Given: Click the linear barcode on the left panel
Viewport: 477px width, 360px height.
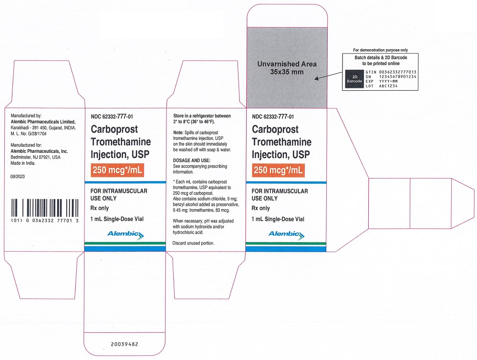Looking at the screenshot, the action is (x=45, y=208).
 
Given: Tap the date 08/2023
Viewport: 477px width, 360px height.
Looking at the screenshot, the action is (x=18, y=176).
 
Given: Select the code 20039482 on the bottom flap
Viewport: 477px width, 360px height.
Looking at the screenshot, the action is (x=124, y=344).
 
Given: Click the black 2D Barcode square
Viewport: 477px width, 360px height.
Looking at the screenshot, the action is (x=354, y=79).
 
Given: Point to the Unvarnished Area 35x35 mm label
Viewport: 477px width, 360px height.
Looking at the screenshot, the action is (x=287, y=68).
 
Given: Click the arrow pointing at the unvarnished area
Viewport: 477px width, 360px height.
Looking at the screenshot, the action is (x=328, y=76).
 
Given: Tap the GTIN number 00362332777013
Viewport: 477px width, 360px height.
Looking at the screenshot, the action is (x=398, y=72).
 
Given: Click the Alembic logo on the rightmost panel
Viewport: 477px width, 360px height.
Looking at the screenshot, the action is (x=286, y=234).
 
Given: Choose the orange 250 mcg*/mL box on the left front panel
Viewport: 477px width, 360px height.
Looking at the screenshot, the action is (x=117, y=170).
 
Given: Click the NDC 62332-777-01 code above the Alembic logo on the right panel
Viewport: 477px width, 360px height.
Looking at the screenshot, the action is (x=273, y=116).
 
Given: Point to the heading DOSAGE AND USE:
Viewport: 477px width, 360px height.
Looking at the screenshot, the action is (x=192, y=160).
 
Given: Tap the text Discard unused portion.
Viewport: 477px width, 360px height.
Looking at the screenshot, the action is (x=193, y=243).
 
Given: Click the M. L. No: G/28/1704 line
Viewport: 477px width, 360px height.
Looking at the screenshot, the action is (x=29, y=133).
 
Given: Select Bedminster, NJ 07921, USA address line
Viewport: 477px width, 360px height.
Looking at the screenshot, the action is (x=36, y=157).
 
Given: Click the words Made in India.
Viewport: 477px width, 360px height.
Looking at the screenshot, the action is (x=23, y=163).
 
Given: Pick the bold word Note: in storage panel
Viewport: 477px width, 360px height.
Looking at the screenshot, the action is (x=178, y=133).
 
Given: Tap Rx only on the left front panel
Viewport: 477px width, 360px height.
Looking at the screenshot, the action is (x=100, y=208).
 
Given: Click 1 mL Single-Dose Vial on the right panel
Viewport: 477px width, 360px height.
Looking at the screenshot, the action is (x=278, y=219).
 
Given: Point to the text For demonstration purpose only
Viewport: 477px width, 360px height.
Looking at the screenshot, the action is (x=380, y=50).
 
